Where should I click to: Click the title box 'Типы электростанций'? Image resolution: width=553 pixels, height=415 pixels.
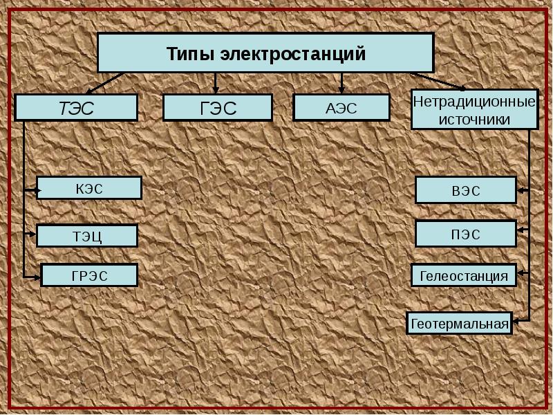(x=265, y=53)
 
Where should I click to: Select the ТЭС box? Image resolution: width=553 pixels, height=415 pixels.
(x=76, y=108)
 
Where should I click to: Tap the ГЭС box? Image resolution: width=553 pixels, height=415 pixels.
(x=218, y=108)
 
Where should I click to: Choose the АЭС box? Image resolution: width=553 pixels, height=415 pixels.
(x=341, y=108)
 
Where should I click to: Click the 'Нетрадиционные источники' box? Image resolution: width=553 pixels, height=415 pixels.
(x=474, y=109)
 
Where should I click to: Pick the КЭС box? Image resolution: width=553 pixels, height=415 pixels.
(x=89, y=188)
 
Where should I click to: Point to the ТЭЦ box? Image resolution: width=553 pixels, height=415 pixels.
(x=87, y=236)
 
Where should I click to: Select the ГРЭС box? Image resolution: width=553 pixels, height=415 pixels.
(x=90, y=275)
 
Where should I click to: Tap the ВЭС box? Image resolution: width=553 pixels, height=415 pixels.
(x=465, y=190)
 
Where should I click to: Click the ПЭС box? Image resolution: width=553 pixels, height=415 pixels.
(x=465, y=234)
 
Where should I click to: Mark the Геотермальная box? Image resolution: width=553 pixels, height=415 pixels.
(x=459, y=323)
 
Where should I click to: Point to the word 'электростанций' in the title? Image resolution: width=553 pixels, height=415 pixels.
(x=293, y=53)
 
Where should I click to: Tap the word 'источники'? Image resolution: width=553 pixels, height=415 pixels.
(x=474, y=119)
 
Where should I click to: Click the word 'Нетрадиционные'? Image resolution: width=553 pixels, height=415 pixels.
(x=474, y=102)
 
